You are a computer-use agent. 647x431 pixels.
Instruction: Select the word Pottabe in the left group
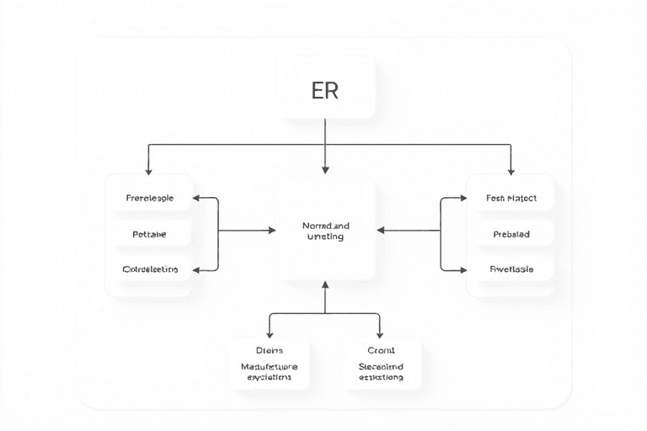[150, 235]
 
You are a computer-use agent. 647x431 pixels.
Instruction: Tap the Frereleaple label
[150, 199]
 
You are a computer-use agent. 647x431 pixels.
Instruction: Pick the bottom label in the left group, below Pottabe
[150, 269]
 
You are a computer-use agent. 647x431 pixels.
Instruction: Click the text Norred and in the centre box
[325, 226]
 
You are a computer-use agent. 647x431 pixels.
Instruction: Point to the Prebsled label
[511, 235]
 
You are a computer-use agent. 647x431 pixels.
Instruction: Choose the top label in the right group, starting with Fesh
[511, 199]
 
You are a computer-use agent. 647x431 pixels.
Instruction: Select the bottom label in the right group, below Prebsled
[511, 269]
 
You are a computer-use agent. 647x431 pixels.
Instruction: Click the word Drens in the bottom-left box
[270, 349]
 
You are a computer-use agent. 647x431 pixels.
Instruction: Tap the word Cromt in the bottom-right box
[381, 349]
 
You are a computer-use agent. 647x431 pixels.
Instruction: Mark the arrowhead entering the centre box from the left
[273, 230]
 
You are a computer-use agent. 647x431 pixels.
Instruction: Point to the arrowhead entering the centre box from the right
[380, 230]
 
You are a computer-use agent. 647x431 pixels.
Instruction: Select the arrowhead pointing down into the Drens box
[270, 333]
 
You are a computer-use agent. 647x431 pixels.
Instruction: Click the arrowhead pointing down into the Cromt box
[380, 333]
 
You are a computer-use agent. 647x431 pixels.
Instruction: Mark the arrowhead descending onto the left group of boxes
[149, 170]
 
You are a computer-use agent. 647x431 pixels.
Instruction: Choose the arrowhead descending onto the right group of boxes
[511, 170]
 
